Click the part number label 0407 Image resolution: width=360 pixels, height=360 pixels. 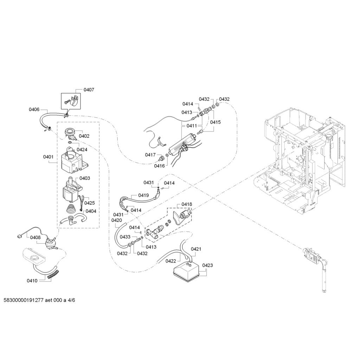tap(89, 90)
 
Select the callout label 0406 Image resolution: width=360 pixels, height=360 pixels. tap(34, 110)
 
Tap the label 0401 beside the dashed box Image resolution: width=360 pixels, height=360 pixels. tap(48, 157)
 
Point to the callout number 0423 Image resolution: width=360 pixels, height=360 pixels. tap(207, 265)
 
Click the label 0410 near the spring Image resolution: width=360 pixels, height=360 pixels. tap(32, 281)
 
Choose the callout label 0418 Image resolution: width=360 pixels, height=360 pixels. tap(187, 204)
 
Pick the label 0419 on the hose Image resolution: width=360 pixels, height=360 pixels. tap(143, 195)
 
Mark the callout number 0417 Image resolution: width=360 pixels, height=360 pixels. tap(150, 155)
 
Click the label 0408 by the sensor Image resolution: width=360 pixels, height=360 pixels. tap(35, 238)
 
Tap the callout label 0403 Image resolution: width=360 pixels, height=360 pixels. tap(85, 178)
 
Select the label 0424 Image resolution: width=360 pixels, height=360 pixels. tap(82, 149)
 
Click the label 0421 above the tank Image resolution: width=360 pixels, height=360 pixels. tap(196, 249)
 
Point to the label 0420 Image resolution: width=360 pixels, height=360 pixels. tap(116, 220)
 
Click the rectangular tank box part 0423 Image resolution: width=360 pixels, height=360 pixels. tap(186, 272)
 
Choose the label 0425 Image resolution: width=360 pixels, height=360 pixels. tap(90, 203)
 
